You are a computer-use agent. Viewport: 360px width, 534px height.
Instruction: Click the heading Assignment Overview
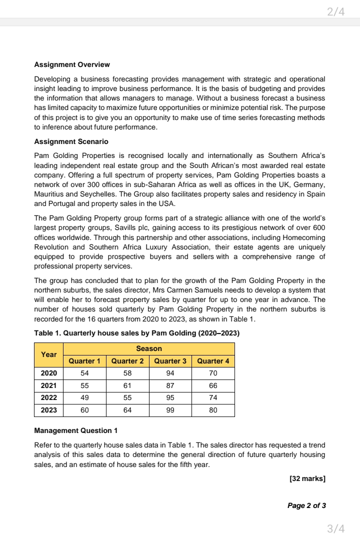[x=72, y=64]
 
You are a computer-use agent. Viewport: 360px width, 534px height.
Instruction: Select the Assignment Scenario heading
[x=71, y=141]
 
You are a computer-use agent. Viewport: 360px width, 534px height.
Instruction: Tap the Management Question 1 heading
[x=76, y=430]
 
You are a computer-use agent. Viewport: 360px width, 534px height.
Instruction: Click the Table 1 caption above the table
[x=136, y=333]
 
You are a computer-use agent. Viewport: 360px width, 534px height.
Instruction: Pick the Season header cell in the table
[x=149, y=348]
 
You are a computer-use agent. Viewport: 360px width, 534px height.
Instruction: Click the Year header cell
[x=49, y=354]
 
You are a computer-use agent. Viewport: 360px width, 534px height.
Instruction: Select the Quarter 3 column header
[x=170, y=361]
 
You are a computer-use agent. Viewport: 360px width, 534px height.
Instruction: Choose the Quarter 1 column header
[x=84, y=361]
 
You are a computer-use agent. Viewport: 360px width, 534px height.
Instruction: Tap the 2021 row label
[x=49, y=385]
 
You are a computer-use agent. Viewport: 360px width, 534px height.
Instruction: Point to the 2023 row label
[x=49, y=410]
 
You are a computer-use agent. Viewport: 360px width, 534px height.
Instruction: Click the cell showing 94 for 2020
[x=170, y=373]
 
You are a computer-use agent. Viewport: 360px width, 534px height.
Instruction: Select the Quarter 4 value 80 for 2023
[x=213, y=410]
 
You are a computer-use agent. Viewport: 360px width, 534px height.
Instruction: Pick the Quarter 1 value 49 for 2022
[x=84, y=398]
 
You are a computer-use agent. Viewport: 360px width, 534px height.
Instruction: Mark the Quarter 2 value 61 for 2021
[x=127, y=385]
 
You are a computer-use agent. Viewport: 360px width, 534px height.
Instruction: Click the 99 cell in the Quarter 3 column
[x=170, y=410]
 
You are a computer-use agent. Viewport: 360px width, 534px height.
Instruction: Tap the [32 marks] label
[x=307, y=479]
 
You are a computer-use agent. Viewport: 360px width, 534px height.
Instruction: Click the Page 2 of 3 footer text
[x=306, y=505]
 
